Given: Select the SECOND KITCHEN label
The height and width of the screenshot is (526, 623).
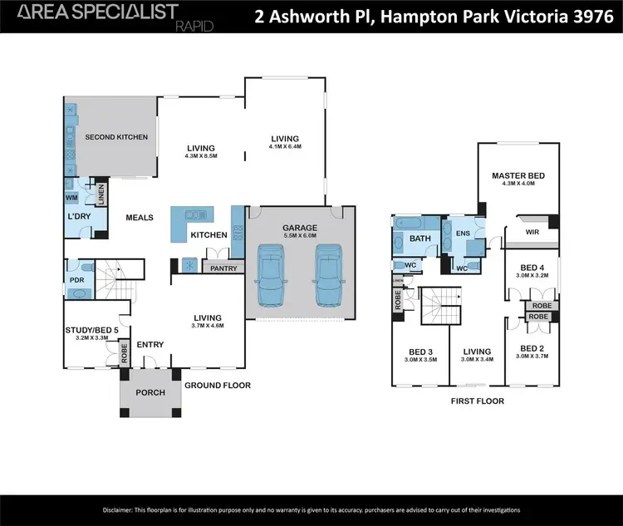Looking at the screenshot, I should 116,137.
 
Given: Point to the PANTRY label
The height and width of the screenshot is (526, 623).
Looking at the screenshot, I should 224,268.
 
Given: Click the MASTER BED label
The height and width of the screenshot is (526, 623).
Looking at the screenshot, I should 518,175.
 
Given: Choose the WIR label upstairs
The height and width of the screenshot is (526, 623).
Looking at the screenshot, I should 532,233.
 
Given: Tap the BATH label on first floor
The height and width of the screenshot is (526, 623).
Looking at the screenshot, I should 415,238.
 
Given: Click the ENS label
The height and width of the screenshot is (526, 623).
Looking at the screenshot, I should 462,234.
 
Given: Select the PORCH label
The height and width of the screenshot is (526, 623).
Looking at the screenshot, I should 150,392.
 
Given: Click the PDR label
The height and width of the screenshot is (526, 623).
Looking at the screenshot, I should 77,280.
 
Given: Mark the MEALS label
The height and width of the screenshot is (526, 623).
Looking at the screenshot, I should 140,218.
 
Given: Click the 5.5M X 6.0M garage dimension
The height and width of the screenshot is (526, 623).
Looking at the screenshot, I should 300,236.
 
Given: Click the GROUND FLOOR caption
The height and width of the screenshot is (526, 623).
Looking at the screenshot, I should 217,385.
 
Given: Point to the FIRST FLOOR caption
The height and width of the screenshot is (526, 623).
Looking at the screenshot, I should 478,400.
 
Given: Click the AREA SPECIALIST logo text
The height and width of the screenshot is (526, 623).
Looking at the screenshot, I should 98,11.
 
